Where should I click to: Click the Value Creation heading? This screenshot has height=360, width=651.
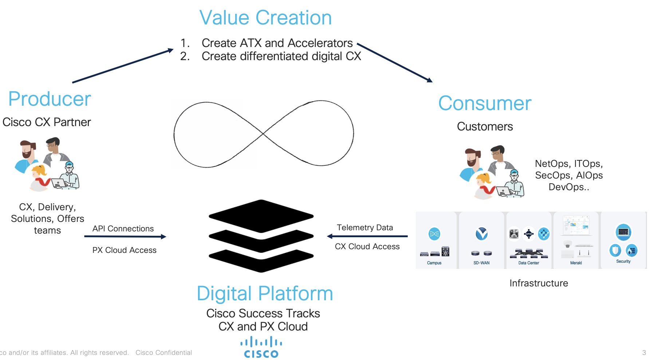[265, 18]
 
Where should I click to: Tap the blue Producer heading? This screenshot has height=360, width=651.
[50, 99]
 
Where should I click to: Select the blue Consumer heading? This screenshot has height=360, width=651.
[485, 103]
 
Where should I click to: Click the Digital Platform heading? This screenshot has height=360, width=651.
[265, 294]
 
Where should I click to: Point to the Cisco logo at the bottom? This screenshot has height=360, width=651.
[261, 348]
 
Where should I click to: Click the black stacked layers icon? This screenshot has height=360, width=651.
[261, 236]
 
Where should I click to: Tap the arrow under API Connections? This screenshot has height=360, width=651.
[125, 236]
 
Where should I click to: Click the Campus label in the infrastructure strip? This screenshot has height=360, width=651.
[434, 263]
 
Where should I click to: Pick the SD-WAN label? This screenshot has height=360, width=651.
[481, 263]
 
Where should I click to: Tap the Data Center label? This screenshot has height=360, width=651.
[529, 263]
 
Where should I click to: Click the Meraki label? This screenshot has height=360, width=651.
[576, 263]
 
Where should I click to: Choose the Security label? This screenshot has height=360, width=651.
[623, 262]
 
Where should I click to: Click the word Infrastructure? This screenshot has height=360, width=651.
[538, 283]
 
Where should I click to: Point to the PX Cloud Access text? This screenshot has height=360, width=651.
[124, 250]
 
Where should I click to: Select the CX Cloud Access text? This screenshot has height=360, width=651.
[367, 247]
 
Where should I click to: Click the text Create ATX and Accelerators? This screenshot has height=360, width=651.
[277, 43]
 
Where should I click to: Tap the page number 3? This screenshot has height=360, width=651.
[644, 353]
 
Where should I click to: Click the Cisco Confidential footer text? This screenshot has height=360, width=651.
[163, 353]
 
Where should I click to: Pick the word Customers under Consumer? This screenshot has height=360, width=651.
[485, 127]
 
